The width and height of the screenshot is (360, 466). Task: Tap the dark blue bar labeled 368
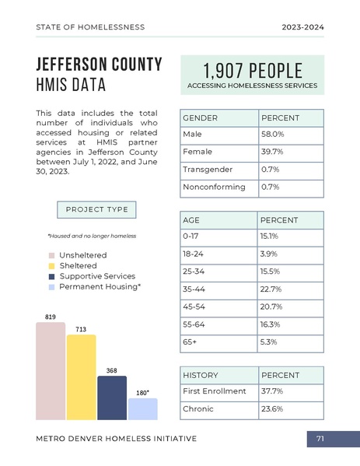tap(112, 398)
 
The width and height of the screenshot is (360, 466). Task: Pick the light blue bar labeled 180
tap(142, 409)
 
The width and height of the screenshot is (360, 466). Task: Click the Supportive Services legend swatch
tap(51, 277)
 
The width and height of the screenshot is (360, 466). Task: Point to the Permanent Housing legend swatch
tap(51, 288)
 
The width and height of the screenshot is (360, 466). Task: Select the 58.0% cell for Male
tap(290, 135)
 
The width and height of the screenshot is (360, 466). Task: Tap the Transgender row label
tap(204, 170)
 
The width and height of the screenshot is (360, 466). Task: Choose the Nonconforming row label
tap(213, 187)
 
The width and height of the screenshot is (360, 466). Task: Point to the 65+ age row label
tap(190, 342)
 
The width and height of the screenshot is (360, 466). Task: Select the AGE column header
tap(191, 220)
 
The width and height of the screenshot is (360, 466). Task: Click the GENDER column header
tap(200, 118)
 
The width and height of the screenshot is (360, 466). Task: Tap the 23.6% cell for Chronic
tap(290, 409)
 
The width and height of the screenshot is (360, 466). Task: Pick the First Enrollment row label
tap(214, 391)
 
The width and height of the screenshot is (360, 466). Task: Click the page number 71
tap(320, 440)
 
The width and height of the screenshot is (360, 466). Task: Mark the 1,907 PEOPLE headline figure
tap(252, 68)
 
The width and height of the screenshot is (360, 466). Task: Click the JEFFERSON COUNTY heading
tap(100, 65)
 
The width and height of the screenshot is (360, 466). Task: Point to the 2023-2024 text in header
tap(302, 27)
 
